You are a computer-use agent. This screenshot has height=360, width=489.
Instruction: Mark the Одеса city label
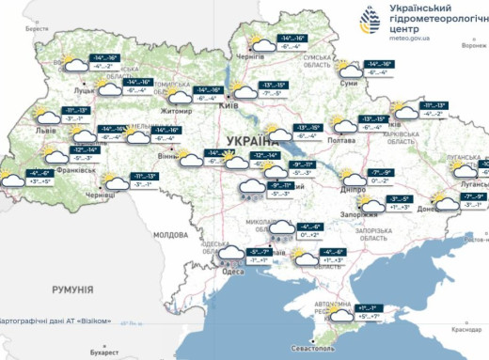(232, 271)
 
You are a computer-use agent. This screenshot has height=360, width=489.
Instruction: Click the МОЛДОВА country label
(171, 233)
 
